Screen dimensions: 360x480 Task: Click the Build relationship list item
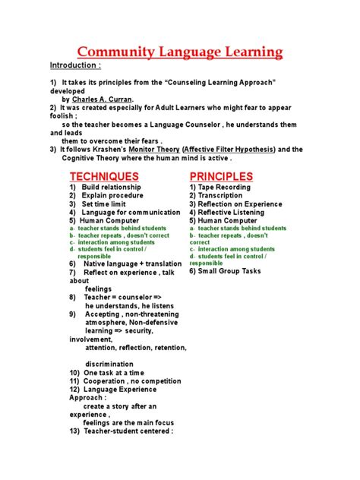[x=112, y=188]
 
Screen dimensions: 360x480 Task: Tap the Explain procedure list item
[x=112, y=196]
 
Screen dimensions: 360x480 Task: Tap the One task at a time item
[x=112, y=373]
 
